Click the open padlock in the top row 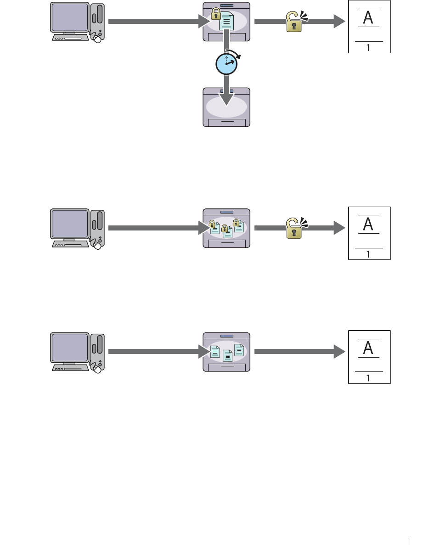pyautogui.click(x=294, y=22)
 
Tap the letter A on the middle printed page pyautogui.click(x=368, y=224)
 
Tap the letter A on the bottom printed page pyautogui.click(x=368, y=348)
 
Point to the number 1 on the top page pyautogui.click(x=368, y=47)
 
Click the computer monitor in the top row pyautogui.click(x=69, y=18)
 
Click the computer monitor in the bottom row pyautogui.click(x=69, y=348)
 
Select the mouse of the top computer pyautogui.click(x=97, y=39)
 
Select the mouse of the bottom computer pyautogui.click(x=97, y=369)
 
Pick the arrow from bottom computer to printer pyautogui.click(x=156, y=352)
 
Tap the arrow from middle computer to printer pyautogui.click(x=156, y=228)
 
